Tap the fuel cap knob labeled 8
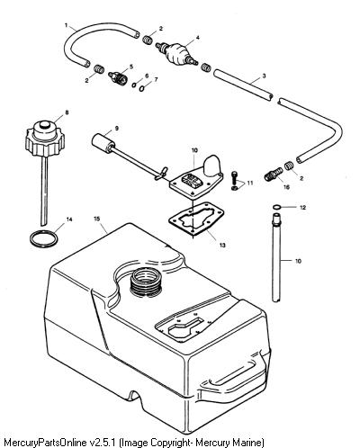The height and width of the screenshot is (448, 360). pyautogui.click(x=46, y=138)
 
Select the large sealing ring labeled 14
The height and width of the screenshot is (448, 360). pyautogui.click(x=44, y=238)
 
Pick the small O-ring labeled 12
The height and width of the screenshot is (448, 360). pyautogui.click(x=276, y=207)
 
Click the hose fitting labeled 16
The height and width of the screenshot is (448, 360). pyautogui.click(x=274, y=174)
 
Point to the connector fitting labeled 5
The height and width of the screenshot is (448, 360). pyautogui.click(x=118, y=77)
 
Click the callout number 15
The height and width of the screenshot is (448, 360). pyautogui.click(x=97, y=219)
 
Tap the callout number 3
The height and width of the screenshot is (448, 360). pyautogui.click(x=264, y=76)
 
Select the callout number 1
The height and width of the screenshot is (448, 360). pyautogui.click(x=67, y=25)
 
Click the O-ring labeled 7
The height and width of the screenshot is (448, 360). pyautogui.click(x=143, y=89)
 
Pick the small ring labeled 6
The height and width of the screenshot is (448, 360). pyautogui.click(x=134, y=85)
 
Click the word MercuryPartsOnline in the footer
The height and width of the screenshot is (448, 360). pyautogui.click(x=46, y=443)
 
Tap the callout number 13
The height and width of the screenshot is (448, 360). pyautogui.click(x=222, y=245)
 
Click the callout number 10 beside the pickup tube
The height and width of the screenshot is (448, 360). pyautogui.click(x=298, y=261)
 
